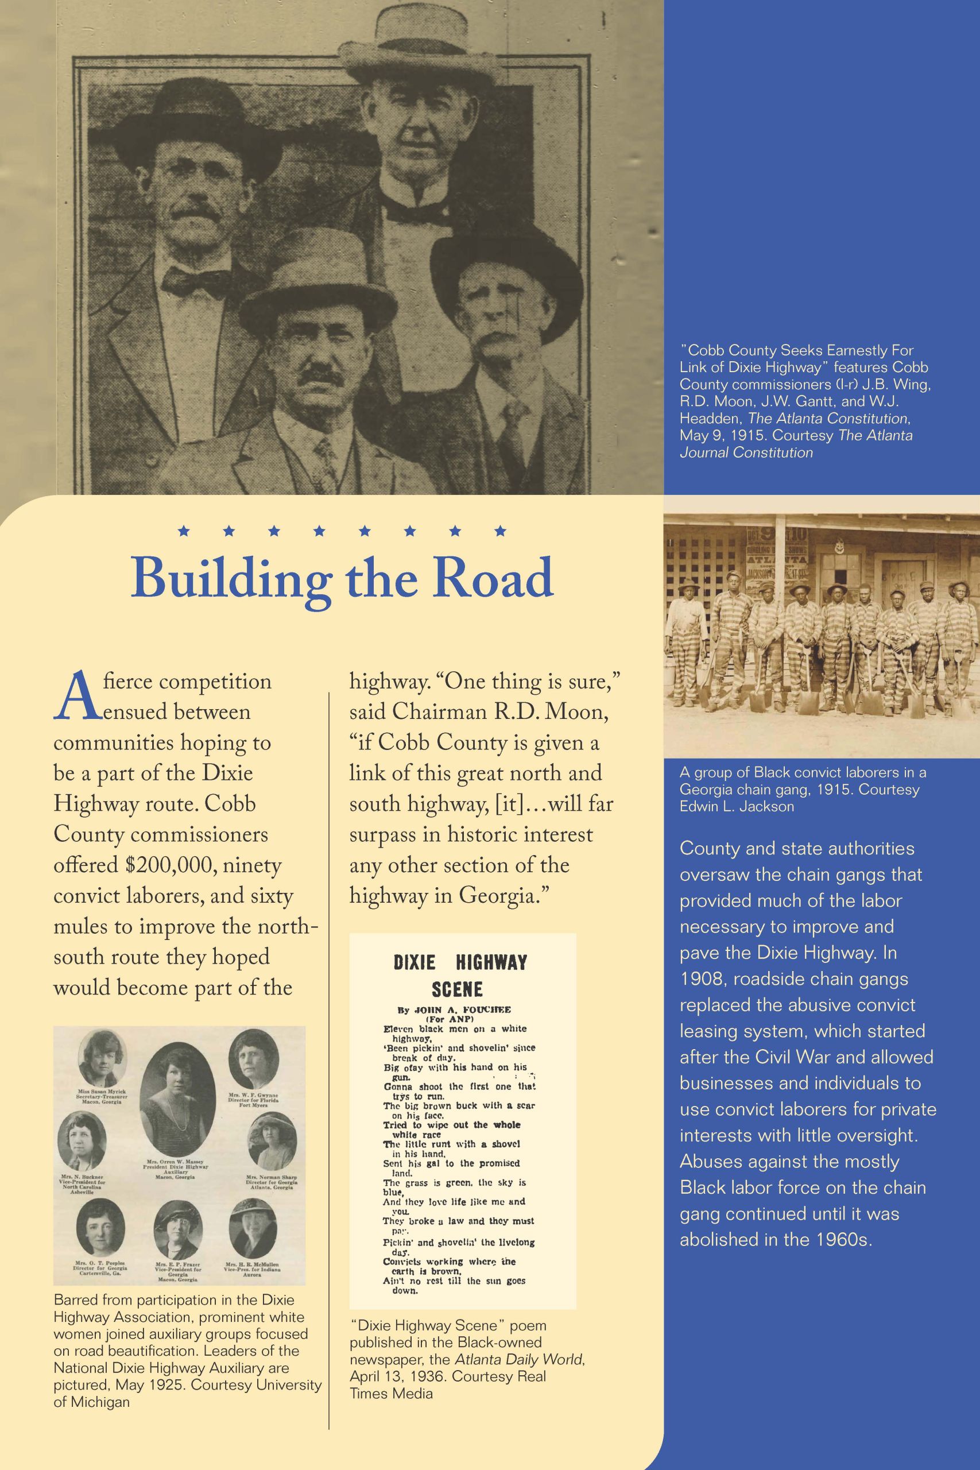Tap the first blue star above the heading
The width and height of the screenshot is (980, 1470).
(184, 532)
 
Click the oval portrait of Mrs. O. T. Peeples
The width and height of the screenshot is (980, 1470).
(100, 1229)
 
